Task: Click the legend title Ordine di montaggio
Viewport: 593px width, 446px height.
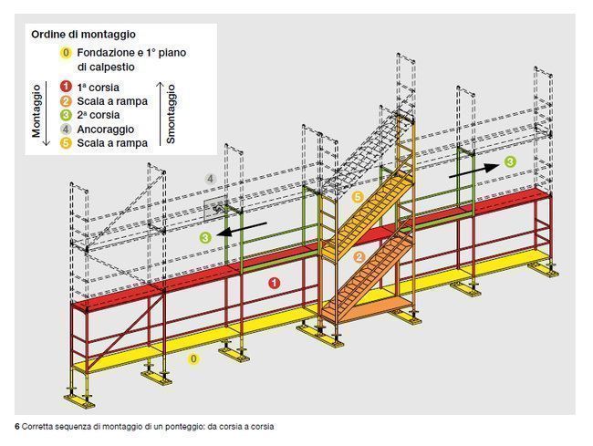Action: (x=83, y=35)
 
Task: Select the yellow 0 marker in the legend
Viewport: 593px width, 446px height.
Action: (x=66, y=53)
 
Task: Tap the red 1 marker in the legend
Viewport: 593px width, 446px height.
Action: (x=66, y=87)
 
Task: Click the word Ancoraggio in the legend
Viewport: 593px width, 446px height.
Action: (x=106, y=130)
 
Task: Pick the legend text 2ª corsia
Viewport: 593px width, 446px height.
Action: (x=99, y=115)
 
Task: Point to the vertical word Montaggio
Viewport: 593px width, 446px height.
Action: (x=36, y=110)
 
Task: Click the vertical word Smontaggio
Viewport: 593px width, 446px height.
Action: (x=171, y=113)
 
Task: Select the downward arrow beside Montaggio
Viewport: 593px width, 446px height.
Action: (x=47, y=113)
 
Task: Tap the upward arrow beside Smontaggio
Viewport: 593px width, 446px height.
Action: (x=161, y=113)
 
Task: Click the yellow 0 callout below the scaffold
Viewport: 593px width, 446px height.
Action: (x=193, y=358)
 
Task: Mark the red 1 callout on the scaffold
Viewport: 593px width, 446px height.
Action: (x=275, y=283)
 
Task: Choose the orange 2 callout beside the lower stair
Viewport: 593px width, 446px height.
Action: (x=359, y=257)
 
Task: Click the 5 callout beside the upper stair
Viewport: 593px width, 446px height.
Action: (x=358, y=197)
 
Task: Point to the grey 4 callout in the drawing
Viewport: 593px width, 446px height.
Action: (x=211, y=179)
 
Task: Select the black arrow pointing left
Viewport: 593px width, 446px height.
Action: (x=243, y=229)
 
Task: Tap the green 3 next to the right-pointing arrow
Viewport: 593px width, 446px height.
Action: (x=510, y=162)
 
